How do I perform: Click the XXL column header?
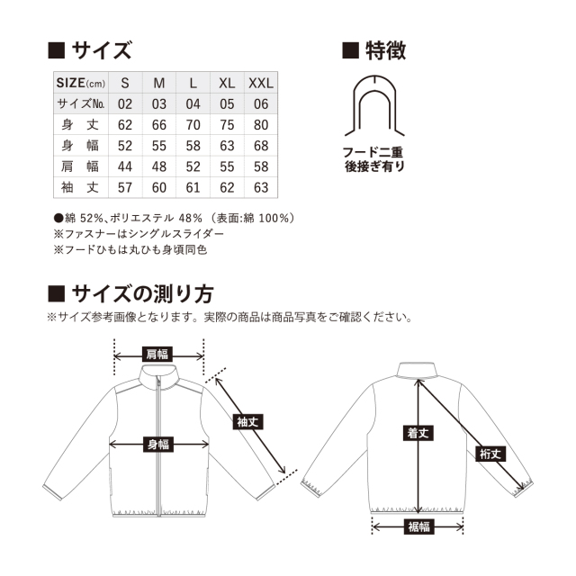[262, 83]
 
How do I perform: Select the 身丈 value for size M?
[159, 124]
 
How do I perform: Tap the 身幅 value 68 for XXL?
[262, 145]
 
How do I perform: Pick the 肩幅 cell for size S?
[125, 166]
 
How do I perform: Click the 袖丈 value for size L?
[193, 187]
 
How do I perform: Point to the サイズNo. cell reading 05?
[227, 103]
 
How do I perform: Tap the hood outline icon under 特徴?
[373, 105]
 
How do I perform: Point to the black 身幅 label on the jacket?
[158, 443]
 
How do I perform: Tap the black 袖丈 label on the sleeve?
[247, 420]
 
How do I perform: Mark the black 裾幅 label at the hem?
[418, 526]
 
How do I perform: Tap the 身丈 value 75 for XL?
[227, 124]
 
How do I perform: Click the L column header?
[193, 83]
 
